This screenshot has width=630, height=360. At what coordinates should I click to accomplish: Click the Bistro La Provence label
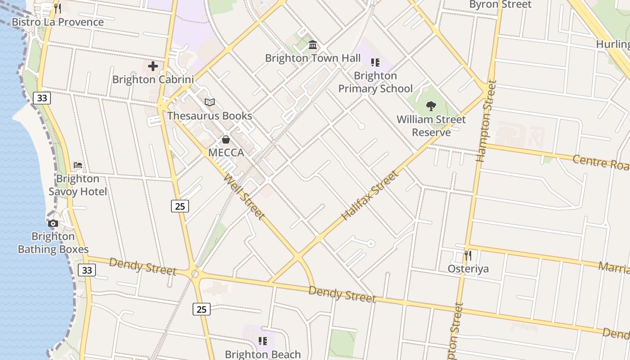pyautogui.click(x=58, y=22)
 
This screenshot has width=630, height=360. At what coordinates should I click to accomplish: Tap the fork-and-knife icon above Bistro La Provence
pyautogui.click(x=57, y=8)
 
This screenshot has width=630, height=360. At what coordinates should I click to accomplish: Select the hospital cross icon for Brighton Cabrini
pyautogui.click(x=153, y=66)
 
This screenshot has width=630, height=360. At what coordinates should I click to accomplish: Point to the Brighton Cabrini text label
pyautogui.click(x=153, y=80)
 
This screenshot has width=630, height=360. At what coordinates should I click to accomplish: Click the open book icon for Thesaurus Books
pyautogui.click(x=210, y=102)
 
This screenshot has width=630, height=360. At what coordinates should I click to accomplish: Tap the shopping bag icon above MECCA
pyautogui.click(x=226, y=139)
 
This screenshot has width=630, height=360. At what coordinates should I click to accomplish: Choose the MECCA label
pyautogui.click(x=226, y=153)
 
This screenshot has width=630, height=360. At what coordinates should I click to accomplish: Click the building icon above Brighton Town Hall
pyautogui.click(x=313, y=45)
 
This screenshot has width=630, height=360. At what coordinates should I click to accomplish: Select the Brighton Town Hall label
pyautogui.click(x=313, y=58)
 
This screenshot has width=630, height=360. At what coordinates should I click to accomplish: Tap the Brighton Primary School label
pyautogui.click(x=375, y=82)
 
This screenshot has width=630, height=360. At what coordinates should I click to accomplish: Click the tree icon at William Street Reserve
pyautogui.click(x=431, y=106)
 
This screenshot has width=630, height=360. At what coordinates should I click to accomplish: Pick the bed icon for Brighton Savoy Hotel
pyautogui.click(x=78, y=165)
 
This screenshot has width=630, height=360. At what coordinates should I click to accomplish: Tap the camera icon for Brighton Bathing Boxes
pyautogui.click(x=53, y=223)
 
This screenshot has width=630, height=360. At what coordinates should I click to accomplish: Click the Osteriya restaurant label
pyautogui.click(x=468, y=269)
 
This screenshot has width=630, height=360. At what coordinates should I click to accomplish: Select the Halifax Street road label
pyautogui.click(x=370, y=195)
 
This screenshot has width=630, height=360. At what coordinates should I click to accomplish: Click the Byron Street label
pyautogui.click(x=500, y=4)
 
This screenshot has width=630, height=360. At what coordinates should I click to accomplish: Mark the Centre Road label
pyautogui.click(x=600, y=162)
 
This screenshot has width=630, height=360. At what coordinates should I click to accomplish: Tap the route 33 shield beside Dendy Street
pyautogui.click(x=87, y=270)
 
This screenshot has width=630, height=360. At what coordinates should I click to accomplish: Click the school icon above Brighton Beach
pyautogui.click(x=263, y=341)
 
